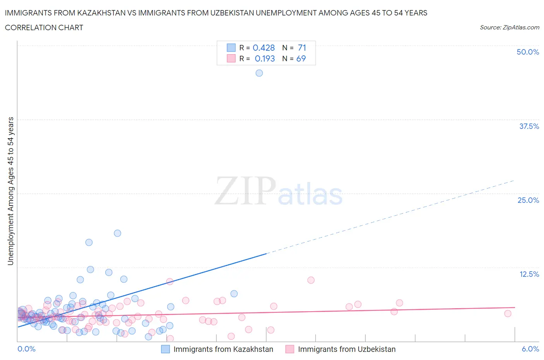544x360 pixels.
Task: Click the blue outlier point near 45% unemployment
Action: [259, 73]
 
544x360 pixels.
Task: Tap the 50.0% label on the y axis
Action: [528, 52]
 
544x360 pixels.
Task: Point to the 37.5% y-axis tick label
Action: [529, 126]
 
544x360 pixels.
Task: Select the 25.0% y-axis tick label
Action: [528, 200]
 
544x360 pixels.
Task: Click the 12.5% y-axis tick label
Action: [529, 274]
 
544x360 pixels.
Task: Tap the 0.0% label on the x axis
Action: [26, 349]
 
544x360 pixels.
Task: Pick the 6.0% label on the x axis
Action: [530, 349]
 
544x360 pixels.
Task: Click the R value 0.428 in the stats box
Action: [263, 48]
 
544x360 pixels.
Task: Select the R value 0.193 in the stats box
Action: [265, 58]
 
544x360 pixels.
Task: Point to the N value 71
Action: [302, 48]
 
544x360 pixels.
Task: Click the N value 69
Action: [301, 58]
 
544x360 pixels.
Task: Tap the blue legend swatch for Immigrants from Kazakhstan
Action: [165, 349]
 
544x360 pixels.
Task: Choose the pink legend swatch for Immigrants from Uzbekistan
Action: [290, 349]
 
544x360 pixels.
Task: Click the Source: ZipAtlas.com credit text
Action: [509, 27]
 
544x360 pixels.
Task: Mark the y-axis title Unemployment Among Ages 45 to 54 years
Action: [10, 191]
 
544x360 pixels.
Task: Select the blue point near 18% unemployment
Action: [118, 233]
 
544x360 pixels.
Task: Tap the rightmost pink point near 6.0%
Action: [508, 314]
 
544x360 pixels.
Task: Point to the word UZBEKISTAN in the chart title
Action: [232, 13]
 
